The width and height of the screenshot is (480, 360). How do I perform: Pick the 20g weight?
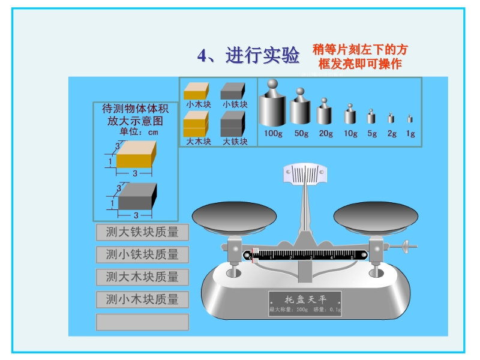coord(325,113)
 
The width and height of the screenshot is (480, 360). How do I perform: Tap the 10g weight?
coord(350,115)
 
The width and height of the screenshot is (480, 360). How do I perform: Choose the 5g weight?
coord(372,117)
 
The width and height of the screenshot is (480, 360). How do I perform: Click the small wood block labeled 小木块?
coord(196,91)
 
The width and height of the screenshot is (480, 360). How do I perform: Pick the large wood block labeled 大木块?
coord(196,124)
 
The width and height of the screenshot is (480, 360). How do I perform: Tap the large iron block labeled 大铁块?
coord(233,124)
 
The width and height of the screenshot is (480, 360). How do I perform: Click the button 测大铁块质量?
coord(142,232)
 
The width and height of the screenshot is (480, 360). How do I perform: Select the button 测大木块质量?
coord(142,277)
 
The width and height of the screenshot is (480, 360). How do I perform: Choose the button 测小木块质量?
coord(142,299)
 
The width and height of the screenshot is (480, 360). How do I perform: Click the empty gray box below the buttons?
coord(142,322)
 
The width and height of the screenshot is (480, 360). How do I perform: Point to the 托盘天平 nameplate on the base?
coord(305,304)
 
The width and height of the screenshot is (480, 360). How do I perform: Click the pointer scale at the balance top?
coord(305,175)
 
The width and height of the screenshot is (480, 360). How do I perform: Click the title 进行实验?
coord(248,56)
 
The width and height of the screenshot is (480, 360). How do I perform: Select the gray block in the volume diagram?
coord(137,196)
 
